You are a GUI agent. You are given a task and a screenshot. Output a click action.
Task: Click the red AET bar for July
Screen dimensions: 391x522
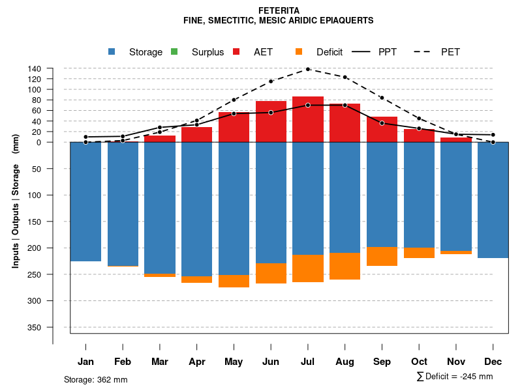coord(308,119)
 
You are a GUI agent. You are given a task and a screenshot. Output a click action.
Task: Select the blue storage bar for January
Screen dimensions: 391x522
coord(85,201)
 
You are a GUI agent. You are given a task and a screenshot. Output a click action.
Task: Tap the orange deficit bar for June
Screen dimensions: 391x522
coord(271,273)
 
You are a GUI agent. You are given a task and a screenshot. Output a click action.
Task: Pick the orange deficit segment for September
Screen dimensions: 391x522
coord(382,256)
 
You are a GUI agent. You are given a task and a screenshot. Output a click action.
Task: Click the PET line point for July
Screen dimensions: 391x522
coord(308,69)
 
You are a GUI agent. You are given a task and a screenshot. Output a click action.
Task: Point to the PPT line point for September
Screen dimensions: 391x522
coord(382,123)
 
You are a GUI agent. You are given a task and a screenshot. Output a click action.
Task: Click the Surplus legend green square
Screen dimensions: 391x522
coord(174,51)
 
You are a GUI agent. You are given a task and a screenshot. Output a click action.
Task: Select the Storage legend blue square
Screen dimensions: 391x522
coord(112,51)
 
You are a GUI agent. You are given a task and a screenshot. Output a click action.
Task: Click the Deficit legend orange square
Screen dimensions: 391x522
coord(299,51)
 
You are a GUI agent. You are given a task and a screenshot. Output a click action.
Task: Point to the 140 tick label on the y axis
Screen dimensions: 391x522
coord(35,68)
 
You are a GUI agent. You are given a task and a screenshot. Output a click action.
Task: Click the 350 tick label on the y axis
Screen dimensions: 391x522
coord(35,327)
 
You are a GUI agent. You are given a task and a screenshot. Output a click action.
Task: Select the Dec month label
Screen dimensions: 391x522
coord(493,362)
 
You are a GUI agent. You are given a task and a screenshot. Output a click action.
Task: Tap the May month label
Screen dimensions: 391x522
coord(234,362)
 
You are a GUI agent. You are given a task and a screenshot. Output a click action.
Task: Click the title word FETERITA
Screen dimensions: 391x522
coord(279,10)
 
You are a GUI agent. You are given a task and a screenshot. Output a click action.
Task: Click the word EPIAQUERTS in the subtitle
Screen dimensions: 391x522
coord(346,20)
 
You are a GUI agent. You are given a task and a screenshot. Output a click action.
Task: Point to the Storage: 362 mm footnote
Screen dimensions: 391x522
coord(96,379)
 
